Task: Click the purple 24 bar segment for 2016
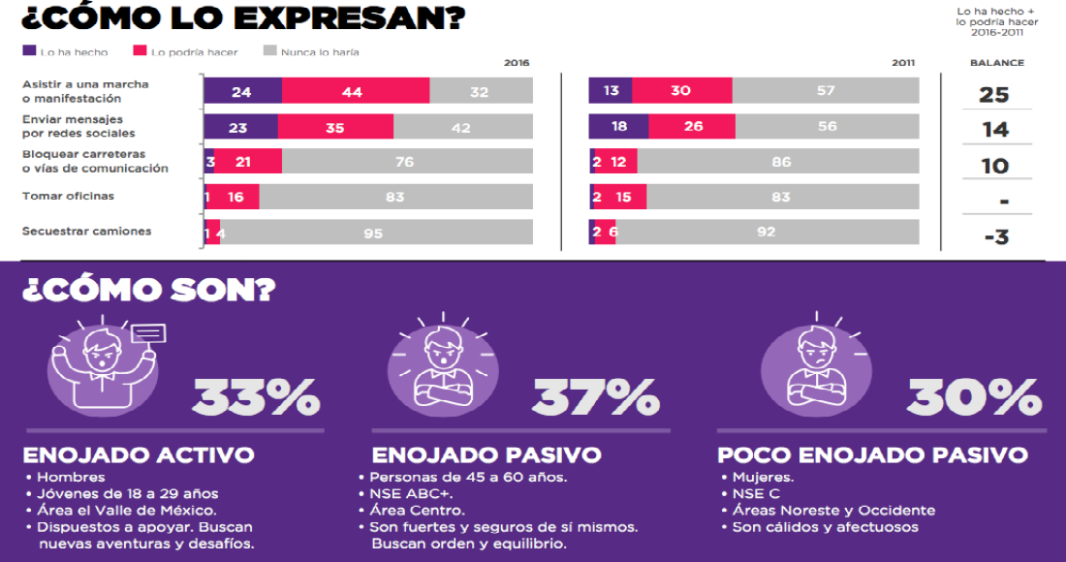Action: (x=242, y=91)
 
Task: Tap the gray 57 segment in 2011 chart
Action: (x=826, y=91)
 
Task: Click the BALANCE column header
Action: (x=996, y=63)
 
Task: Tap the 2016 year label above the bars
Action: (x=517, y=63)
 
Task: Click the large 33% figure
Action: (x=256, y=397)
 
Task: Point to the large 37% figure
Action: (x=595, y=397)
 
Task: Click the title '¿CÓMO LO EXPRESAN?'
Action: (x=242, y=18)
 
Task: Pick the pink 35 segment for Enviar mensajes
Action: (x=335, y=127)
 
